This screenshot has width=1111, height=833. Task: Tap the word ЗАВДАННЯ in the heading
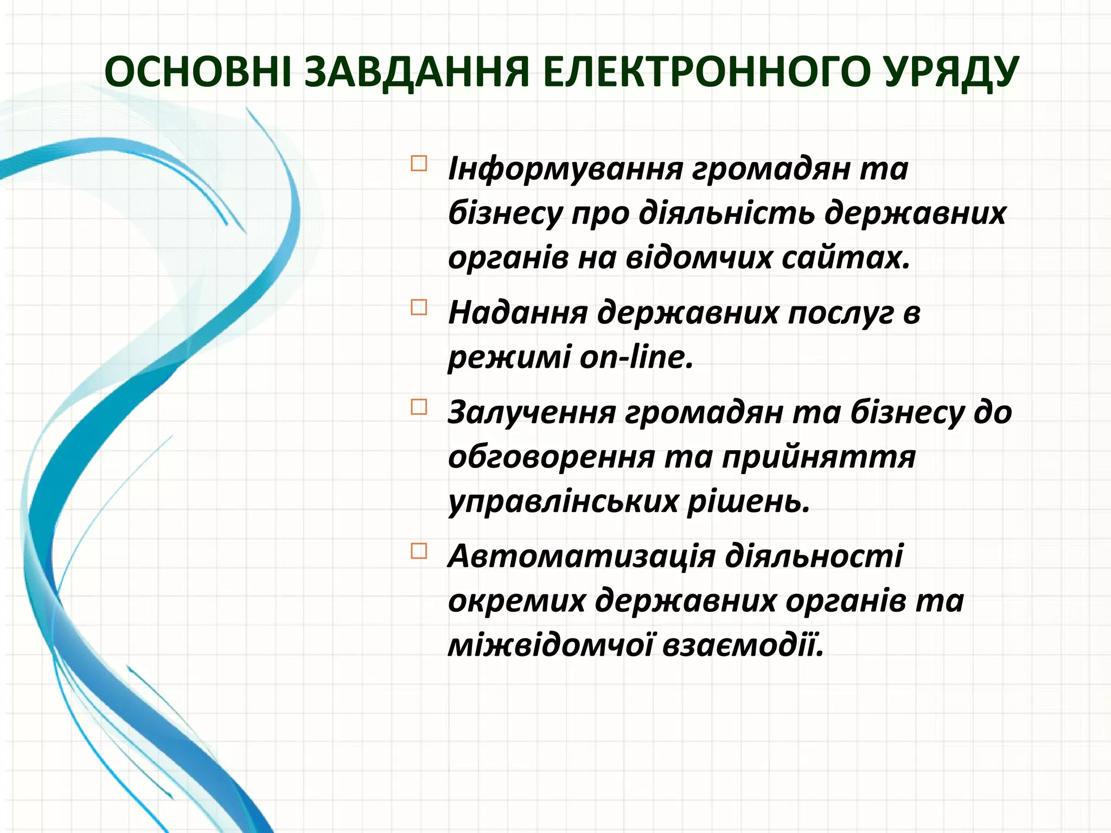pos(416,72)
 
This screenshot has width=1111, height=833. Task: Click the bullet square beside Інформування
pos(419,163)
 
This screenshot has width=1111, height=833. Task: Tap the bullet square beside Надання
pos(419,307)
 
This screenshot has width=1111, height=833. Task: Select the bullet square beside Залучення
pos(419,407)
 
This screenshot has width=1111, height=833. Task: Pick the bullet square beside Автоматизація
pos(419,551)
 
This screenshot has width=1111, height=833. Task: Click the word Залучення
pos(532,413)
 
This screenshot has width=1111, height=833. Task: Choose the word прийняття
pos(819,458)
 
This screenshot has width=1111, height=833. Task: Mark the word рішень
pos(749,502)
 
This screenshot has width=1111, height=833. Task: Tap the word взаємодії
pos(743,645)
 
